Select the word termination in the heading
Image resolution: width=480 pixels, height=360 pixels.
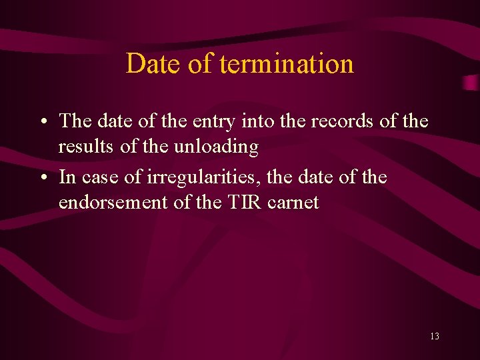click(x=287, y=64)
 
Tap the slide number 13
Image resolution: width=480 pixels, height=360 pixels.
click(x=435, y=336)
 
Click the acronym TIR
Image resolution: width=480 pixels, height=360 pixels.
click(x=247, y=202)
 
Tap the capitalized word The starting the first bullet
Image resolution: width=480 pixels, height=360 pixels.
click(x=76, y=121)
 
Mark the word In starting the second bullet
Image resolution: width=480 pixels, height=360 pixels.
click(x=67, y=178)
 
